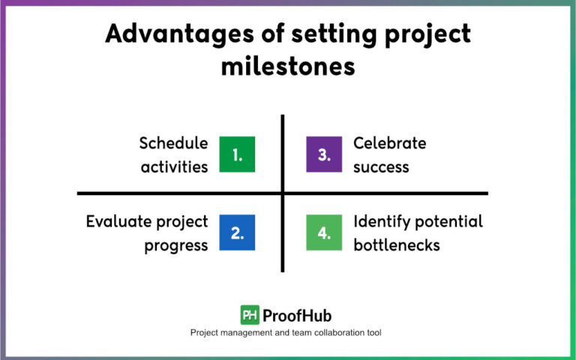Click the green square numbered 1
coord(237,154)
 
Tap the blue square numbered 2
coord(237,232)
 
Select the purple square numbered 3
coord(324,154)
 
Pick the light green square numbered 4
coord(324,232)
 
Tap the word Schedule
coord(173,142)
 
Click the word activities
coord(174,166)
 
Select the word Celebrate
coord(389,142)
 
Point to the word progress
coord(176,245)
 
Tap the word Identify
coord(382,221)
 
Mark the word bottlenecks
coord(397,245)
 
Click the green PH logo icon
coord(250,315)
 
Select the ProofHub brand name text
coord(297,315)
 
